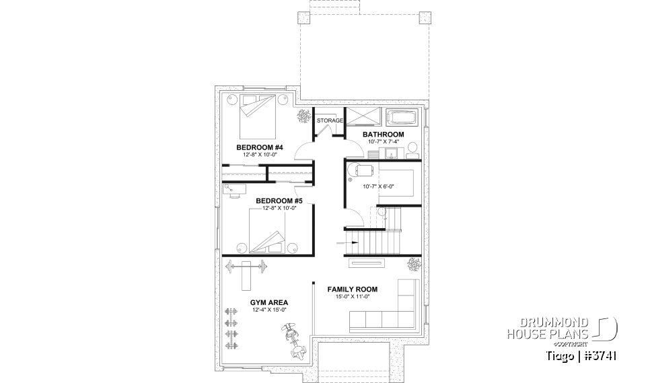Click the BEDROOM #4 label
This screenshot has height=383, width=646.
click(259, 147)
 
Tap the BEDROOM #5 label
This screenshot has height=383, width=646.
click(279, 201)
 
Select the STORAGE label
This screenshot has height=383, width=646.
click(330, 120)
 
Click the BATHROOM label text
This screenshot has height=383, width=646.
click(383, 135)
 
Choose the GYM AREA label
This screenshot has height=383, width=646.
click(260, 302)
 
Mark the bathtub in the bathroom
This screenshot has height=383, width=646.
click(402, 118)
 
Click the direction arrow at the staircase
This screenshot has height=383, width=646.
click(353, 240)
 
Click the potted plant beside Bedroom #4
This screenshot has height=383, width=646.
click(304, 117)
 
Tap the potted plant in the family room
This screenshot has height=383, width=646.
click(412, 265)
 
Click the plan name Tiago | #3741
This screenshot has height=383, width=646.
click(581, 355)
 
